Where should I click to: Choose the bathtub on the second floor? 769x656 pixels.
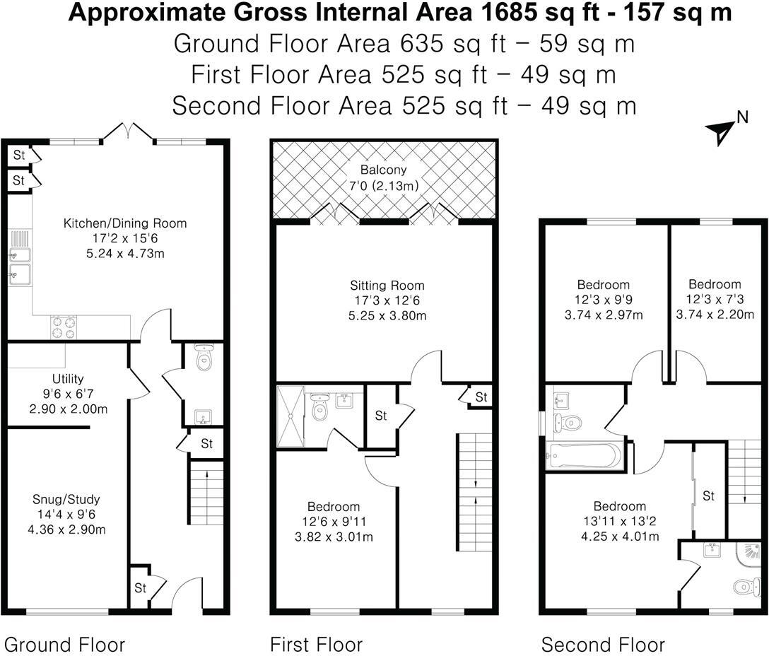tap(584, 456)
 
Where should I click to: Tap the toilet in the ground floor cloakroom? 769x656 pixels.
tap(204, 359)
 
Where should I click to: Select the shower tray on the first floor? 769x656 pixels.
tap(290, 417)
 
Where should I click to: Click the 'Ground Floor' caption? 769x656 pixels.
tap(64, 645)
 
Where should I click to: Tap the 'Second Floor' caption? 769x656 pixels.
tap(603, 645)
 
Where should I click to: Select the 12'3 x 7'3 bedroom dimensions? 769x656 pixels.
tap(715, 300)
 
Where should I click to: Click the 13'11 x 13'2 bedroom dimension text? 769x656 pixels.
tap(619, 522)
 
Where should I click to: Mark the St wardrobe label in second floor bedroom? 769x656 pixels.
tap(708, 496)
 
